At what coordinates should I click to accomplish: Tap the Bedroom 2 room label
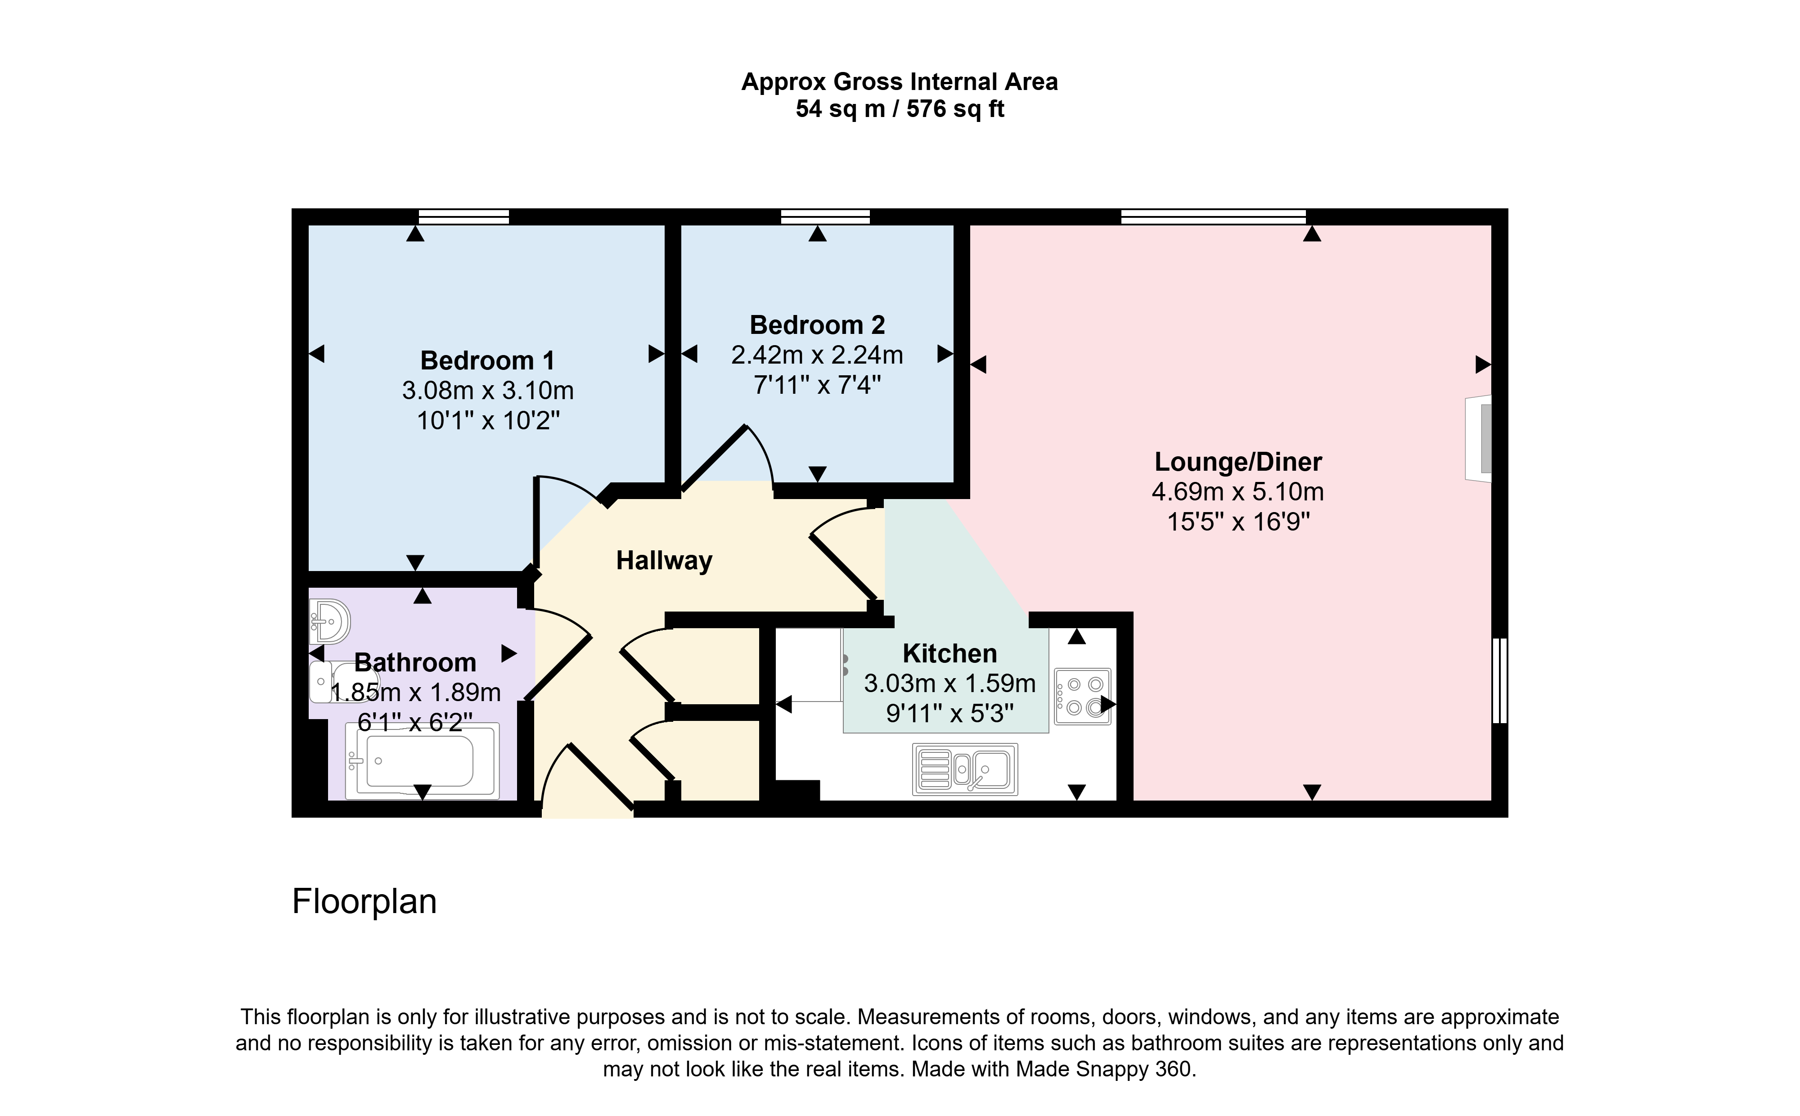pos(817,325)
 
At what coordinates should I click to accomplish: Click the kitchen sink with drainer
pos(965,769)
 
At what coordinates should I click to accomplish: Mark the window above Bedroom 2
pos(825,216)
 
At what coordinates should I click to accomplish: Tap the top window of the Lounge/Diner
pos(1213,216)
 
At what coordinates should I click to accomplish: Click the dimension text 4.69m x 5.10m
pos(1237,491)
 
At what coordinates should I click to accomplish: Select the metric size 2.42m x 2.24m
pos(817,355)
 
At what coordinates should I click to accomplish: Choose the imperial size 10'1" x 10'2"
pos(488,421)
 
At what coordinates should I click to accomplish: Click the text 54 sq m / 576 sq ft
pos(900,109)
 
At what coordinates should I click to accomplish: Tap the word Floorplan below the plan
pos(364,902)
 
